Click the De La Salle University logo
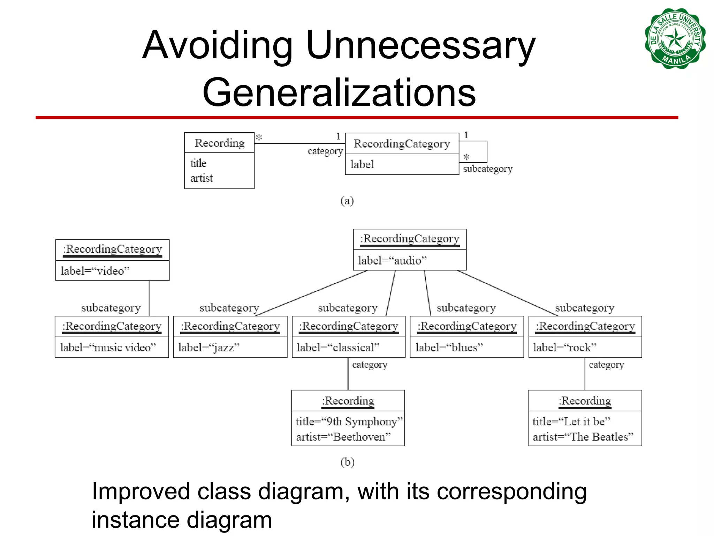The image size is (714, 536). click(x=675, y=39)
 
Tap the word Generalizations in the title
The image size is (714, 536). click(x=339, y=92)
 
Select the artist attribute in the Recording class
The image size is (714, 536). click(x=202, y=178)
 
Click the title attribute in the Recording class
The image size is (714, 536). click(x=198, y=163)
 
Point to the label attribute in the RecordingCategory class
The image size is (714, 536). click(x=362, y=164)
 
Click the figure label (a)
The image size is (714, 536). click(x=347, y=201)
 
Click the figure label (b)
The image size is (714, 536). click(x=347, y=462)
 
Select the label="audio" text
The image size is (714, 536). click(x=392, y=261)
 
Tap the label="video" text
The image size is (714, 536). click(x=95, y=271)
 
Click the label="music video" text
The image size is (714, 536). click(x=108, y=348)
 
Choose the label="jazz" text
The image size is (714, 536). click(x=209, y=348)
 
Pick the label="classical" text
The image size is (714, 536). click(x=338, y=348)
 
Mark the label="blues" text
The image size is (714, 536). click(x=449, y=348)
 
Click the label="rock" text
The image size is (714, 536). click(x=564, y=348)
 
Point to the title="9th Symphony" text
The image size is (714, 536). click(x=349, y=422)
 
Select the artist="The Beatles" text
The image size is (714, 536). click(x=583, y=437)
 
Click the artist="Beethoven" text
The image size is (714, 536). click(x=343, y=437)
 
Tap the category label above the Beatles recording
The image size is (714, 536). click(x=606, y=365)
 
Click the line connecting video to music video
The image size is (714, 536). click(x=149, y=298)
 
